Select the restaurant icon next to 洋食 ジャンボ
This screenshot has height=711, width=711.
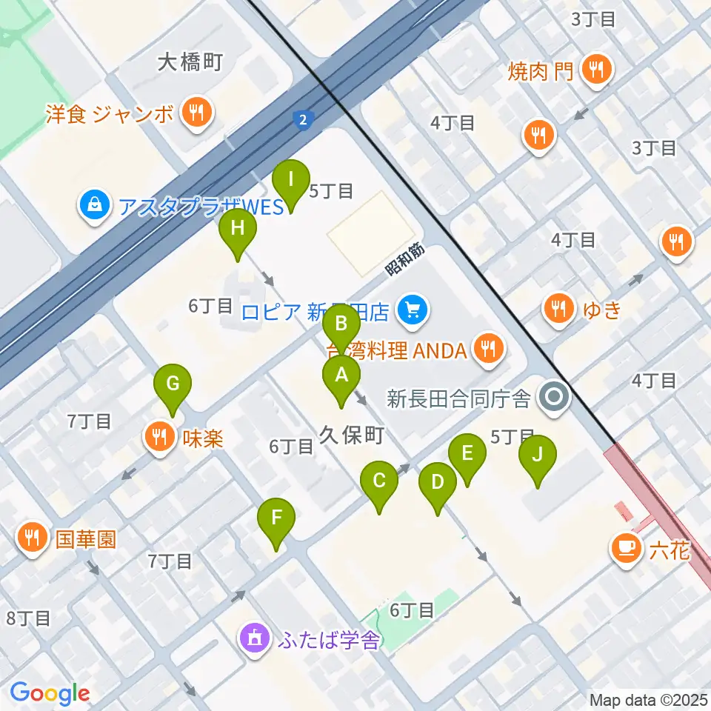[196, 113]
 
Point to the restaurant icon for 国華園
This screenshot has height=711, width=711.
[31, 537]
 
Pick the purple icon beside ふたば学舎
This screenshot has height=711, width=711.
[254, 638]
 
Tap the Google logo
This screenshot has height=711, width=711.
[50, 694]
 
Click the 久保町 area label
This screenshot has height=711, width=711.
[350, 435]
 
